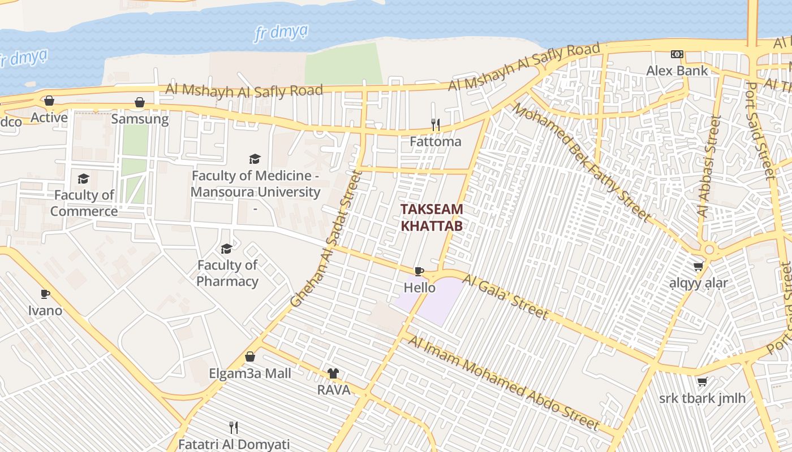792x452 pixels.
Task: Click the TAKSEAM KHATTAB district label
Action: click(x=432, y=218)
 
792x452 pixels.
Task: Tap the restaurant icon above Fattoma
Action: click(x=436, y=124)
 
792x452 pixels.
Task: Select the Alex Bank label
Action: click(x=677, y=71)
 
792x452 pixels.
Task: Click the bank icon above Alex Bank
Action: click(x=677, y=54)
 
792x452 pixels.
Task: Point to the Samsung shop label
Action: click(x=140, y=119)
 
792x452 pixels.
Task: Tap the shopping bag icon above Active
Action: click(x=49, y=101)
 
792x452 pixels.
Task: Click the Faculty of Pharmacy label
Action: click(x=227, y=273)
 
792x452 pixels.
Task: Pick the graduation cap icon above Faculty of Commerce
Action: click(x=84, y=179)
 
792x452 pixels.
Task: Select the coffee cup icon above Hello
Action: click(x=419, y=271)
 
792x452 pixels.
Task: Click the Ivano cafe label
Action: click(x=45, y=310)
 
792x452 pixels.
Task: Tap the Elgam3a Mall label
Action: click(x=250, y=373)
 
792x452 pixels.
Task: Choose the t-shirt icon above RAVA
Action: click(x=333, y=373)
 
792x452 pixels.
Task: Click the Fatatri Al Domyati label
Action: click(x=234, y=444)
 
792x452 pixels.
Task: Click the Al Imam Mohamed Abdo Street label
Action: click(x=503, y=383)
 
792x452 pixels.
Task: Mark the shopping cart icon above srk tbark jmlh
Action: click(x=703, y=382)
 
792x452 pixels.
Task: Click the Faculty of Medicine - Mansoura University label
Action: click(x=255, y=184)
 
